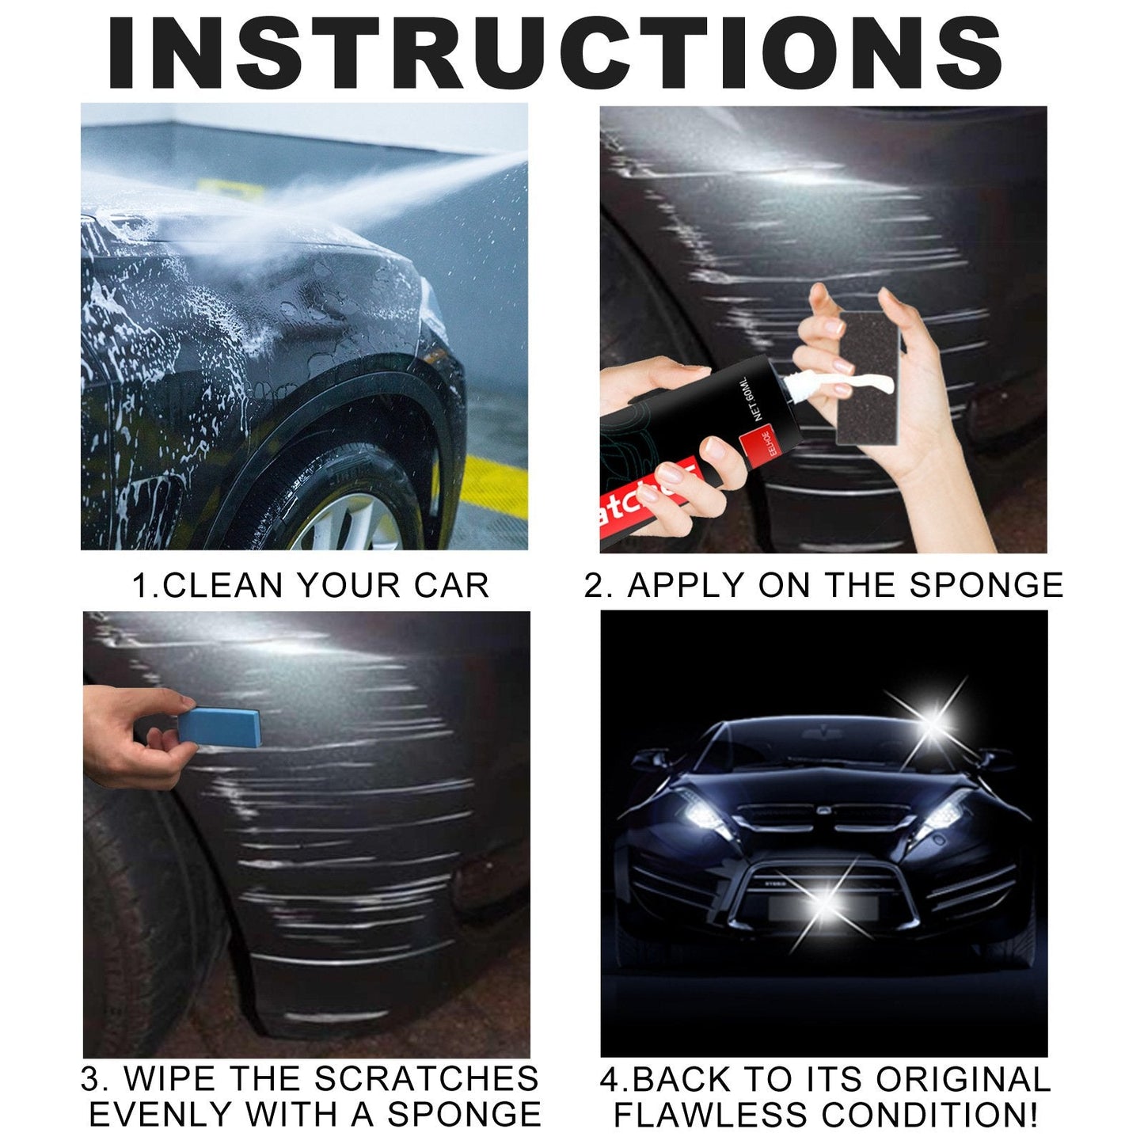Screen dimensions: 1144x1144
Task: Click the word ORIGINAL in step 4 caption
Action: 963,1079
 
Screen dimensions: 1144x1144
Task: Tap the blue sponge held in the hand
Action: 219,726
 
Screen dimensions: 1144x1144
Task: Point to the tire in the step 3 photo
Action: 135,910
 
